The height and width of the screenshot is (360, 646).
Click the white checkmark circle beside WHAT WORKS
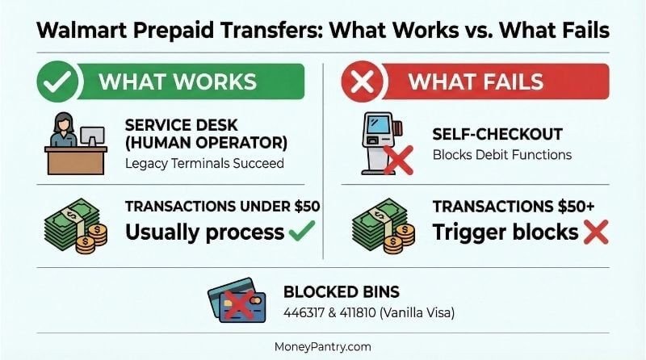tap(59, 82)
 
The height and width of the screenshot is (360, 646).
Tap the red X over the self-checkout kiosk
tap(398, 159)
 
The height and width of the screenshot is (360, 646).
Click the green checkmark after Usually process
tap(301, 232)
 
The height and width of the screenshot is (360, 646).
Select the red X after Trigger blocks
tap(595, 232)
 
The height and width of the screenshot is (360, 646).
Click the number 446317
tap(304, 312)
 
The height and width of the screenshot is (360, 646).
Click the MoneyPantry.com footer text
tap(322, 346)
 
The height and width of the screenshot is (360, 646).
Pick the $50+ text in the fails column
tap(573, 207)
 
